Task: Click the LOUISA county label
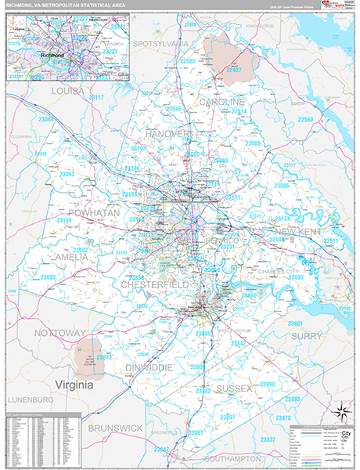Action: pyautogui.click(x=67, y=92)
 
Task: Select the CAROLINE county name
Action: pyautogui.click(x=221, y=103)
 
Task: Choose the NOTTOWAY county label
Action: pyautogui.click(x=59, y=333)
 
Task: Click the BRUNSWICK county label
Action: pyautogui.click(x=115, y=428)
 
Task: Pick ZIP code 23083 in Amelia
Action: pyautogui.click(x=49, y=277)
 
